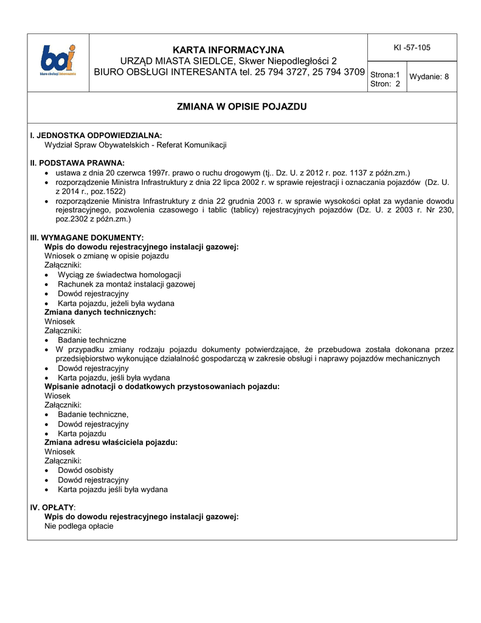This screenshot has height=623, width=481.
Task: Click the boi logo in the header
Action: coord(58,60)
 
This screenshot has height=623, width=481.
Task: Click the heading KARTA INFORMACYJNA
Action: coord(228,49)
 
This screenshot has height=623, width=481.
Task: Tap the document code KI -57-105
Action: coord(412,47)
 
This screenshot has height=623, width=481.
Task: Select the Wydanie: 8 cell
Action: coord(429,77)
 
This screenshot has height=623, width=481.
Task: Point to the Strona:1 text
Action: coord(385,74)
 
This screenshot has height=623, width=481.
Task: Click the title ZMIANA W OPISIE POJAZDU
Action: coord(241,107)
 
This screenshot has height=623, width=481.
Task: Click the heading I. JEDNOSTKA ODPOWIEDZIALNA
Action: coord(96,135)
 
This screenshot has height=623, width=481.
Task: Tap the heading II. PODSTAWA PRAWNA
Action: coord(77,163)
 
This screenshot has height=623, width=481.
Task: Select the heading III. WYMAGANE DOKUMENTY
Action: coord(87,237)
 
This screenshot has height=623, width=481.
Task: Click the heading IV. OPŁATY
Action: coord(53,507)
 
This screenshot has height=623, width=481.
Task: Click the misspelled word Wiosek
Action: coord(58,395)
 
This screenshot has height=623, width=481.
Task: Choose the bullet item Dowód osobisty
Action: coord(85,470)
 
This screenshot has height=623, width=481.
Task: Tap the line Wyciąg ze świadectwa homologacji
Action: coord(119,275)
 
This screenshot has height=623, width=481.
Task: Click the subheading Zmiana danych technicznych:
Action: coord(100,311)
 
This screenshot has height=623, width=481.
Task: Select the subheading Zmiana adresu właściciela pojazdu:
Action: coord(111,442)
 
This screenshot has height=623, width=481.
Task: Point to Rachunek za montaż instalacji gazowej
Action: coord(126,284)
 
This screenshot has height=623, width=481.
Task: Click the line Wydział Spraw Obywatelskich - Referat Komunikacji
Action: coord(136,145)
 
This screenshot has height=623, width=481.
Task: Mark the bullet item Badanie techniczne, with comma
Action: coord(93,414)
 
